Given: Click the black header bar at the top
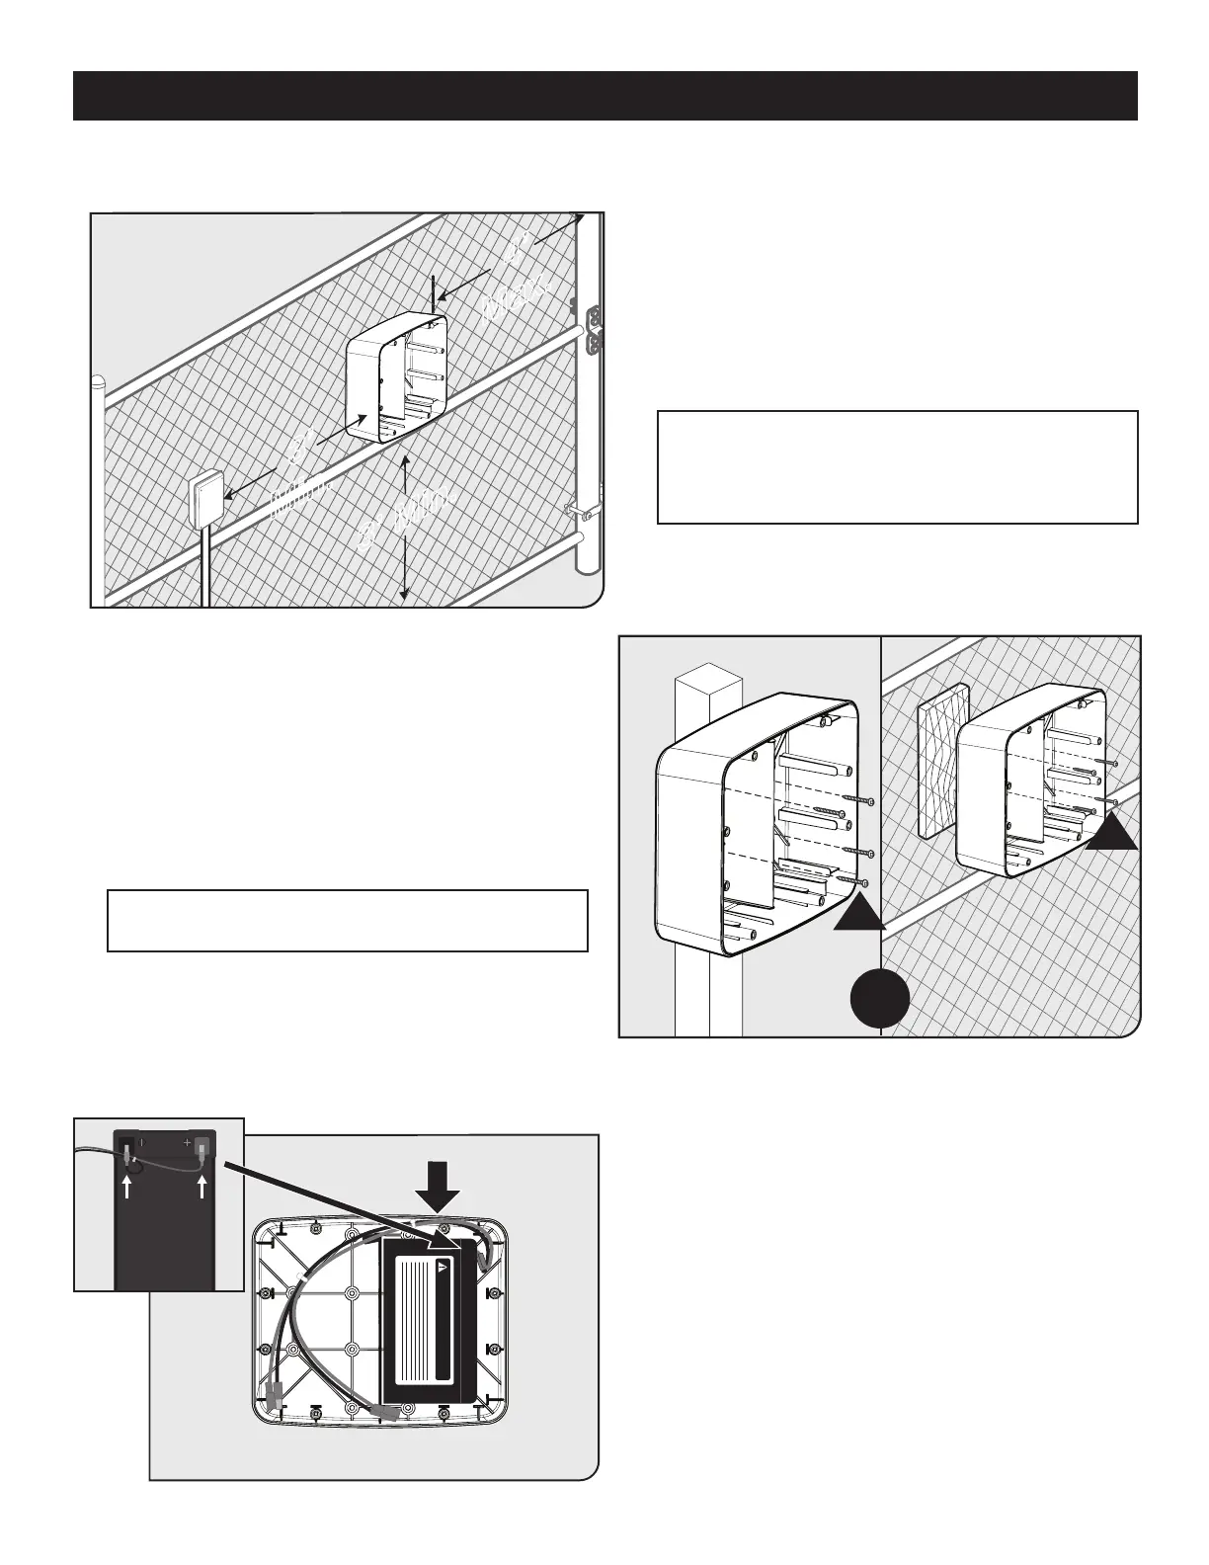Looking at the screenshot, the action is click(x=604, y=96).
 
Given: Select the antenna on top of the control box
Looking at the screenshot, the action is click(x=433, y=295).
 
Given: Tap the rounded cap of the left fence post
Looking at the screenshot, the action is click(x=98, y=382).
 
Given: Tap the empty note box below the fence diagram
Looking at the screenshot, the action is click(x=347, y=920).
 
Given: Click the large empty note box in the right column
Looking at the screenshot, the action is click(x=897, y=466).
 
